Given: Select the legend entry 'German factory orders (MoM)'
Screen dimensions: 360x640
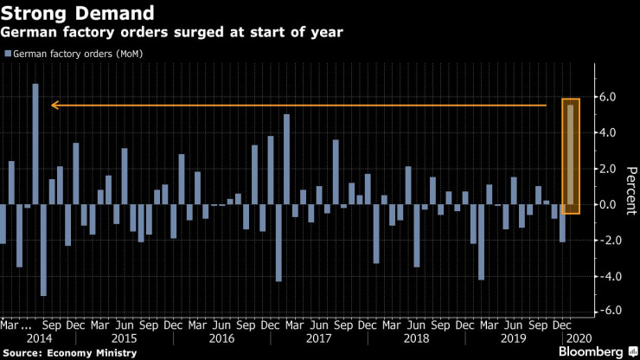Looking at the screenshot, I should coord(78,54).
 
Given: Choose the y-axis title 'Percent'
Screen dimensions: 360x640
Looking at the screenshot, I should coord(631,187).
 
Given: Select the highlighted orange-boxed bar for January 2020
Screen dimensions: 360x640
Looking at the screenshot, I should coord(570,154).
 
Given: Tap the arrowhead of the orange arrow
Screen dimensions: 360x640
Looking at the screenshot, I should coord(54,106).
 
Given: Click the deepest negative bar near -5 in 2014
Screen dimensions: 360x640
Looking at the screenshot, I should coord(43,250).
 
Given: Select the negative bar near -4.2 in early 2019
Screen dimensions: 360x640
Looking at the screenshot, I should coord(481,242).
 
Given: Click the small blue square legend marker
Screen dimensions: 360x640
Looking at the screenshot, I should coord(8,55).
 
